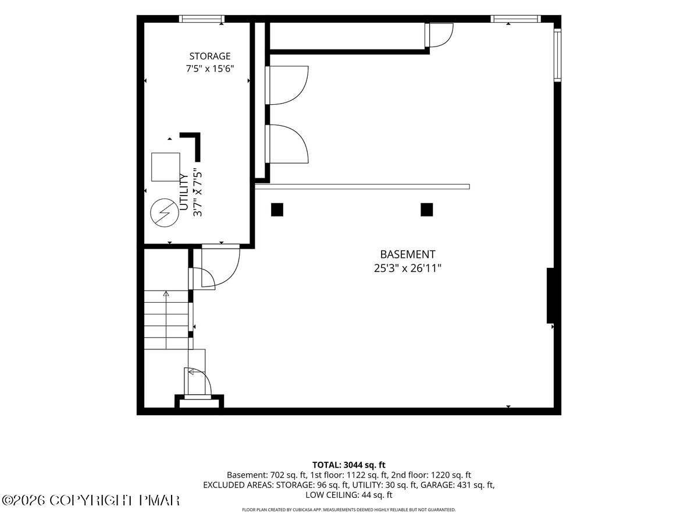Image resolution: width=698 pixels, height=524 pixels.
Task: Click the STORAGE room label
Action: point(209,56)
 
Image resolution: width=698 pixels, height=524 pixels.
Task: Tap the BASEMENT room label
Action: point(407,254)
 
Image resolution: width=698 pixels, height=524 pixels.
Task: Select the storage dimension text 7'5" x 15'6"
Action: point(210,68)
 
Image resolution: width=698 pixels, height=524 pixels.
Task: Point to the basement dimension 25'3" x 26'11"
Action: point(408,268)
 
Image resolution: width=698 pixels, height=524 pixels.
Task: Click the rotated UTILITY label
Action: point(184,192)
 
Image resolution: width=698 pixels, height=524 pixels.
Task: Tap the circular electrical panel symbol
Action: point(164,213)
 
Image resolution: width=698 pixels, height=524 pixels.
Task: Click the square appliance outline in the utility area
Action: point(166,167)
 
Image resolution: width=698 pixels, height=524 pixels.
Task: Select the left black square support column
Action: point(277,210)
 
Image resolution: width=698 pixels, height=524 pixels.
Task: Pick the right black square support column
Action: point(427,210)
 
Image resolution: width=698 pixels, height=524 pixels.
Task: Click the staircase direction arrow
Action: point(166,320)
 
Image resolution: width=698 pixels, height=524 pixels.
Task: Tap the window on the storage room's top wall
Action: point(202,19)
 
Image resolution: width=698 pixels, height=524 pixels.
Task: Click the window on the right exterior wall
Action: point(557,55)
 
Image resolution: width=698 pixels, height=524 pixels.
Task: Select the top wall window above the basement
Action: point(515,19)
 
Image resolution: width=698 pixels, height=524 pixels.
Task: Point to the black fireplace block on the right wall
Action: point(550,296)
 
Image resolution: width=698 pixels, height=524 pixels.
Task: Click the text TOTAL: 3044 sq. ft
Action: point(349,465)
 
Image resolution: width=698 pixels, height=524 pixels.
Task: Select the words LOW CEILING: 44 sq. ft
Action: point(349,495)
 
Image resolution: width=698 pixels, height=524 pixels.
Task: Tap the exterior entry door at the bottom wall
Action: point(198,383)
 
